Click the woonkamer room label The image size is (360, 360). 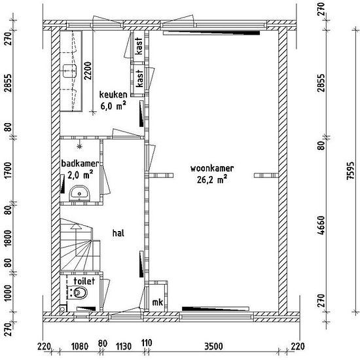(x=212, y=168)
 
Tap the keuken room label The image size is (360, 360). (x=113, y=94)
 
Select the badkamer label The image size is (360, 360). (x=80, y=164)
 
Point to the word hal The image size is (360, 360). (x=118, y=233)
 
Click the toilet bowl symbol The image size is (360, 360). (x=79, y=293)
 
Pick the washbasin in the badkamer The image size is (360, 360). (x=79, y=193)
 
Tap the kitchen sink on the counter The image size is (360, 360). (x=69, y=71)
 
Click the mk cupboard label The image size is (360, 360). (x=158, y=302)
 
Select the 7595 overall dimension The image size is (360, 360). (x=351, y=171)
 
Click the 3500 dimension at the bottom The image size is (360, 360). (x=214, y=346)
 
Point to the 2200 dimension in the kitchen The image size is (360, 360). (x=88, y=71)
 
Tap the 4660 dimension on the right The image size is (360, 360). (x=321, y=225)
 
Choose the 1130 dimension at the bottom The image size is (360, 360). (x=124, y=346)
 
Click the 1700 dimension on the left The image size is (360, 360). (x=8, y=170)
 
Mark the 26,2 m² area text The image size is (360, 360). (x=212, y=179)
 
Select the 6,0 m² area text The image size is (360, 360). (x=113, y=106)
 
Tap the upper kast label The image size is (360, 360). (x=139, y=46)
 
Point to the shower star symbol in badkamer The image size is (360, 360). (x=80, y=146)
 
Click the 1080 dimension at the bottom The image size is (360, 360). (x=80, y=346)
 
